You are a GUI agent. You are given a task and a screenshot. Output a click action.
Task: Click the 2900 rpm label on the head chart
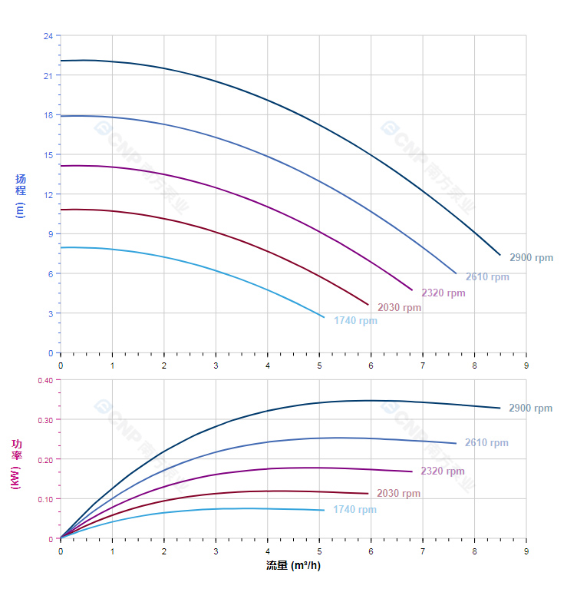click(531, 258)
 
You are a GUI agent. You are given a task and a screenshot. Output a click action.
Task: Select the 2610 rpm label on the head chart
click(487, 277)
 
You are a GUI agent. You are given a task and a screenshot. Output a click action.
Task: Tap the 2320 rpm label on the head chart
click(443, 293)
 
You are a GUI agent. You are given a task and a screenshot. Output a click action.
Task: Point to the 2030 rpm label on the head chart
click(399, 308)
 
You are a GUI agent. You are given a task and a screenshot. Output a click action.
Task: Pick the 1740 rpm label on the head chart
click(355, 321)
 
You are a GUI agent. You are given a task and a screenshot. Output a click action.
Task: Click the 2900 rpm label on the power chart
click(530, 409)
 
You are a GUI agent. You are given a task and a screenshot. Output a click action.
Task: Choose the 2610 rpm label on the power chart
click(486, 443)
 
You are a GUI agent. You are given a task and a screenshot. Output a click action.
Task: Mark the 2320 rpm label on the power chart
click(443, 471)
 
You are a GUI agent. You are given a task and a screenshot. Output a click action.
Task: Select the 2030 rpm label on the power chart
click(399, 494)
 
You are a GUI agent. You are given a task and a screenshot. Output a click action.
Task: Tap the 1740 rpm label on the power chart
click(354, 510)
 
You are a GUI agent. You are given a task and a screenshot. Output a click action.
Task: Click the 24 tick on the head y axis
click(48, 36)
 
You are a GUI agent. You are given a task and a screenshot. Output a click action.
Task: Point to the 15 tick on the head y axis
click(48, 155)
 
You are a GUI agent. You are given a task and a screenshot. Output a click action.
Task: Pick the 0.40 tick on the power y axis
click(45, 380)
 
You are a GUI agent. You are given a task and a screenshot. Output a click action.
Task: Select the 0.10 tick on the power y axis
click(45, 499)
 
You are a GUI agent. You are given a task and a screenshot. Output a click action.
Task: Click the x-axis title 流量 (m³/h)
click(293, 566)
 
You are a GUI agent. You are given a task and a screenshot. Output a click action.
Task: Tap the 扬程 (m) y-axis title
click(21, 195)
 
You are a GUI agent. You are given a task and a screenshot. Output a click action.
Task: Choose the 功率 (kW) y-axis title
click(17, 463)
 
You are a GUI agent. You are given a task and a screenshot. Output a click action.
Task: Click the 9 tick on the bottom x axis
click(526, 551)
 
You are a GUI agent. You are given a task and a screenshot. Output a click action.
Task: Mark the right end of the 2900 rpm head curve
click(500, 255)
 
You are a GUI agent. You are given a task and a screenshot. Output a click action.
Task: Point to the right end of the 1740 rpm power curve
click(324, 510)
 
